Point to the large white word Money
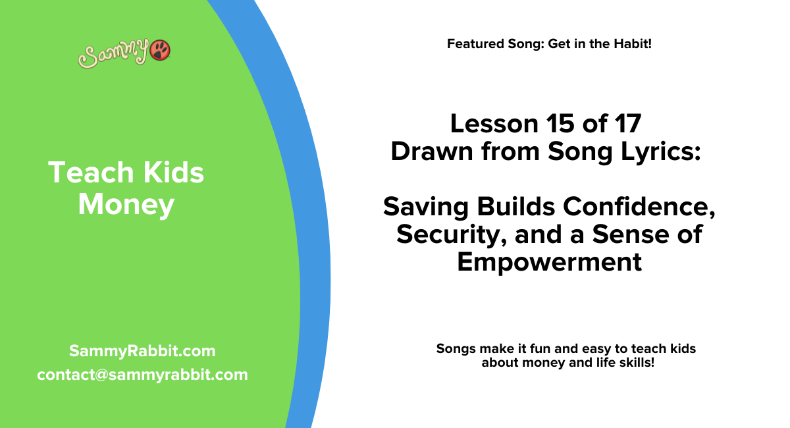pos(126,205)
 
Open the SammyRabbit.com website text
pos(142,351)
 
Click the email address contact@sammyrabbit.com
pos(142,375)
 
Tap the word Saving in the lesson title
pos(428,207)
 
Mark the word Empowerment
pos(549,262)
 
